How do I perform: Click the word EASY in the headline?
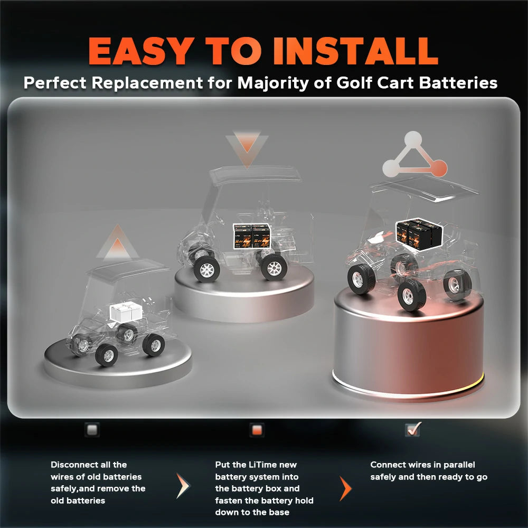[140, 51]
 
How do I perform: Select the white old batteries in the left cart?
[125, 312]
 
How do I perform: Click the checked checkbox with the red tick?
[412, 430]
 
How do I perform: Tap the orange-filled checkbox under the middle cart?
[257, 430]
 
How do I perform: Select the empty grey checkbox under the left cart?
[92, 430]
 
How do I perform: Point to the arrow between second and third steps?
[345, 488]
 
